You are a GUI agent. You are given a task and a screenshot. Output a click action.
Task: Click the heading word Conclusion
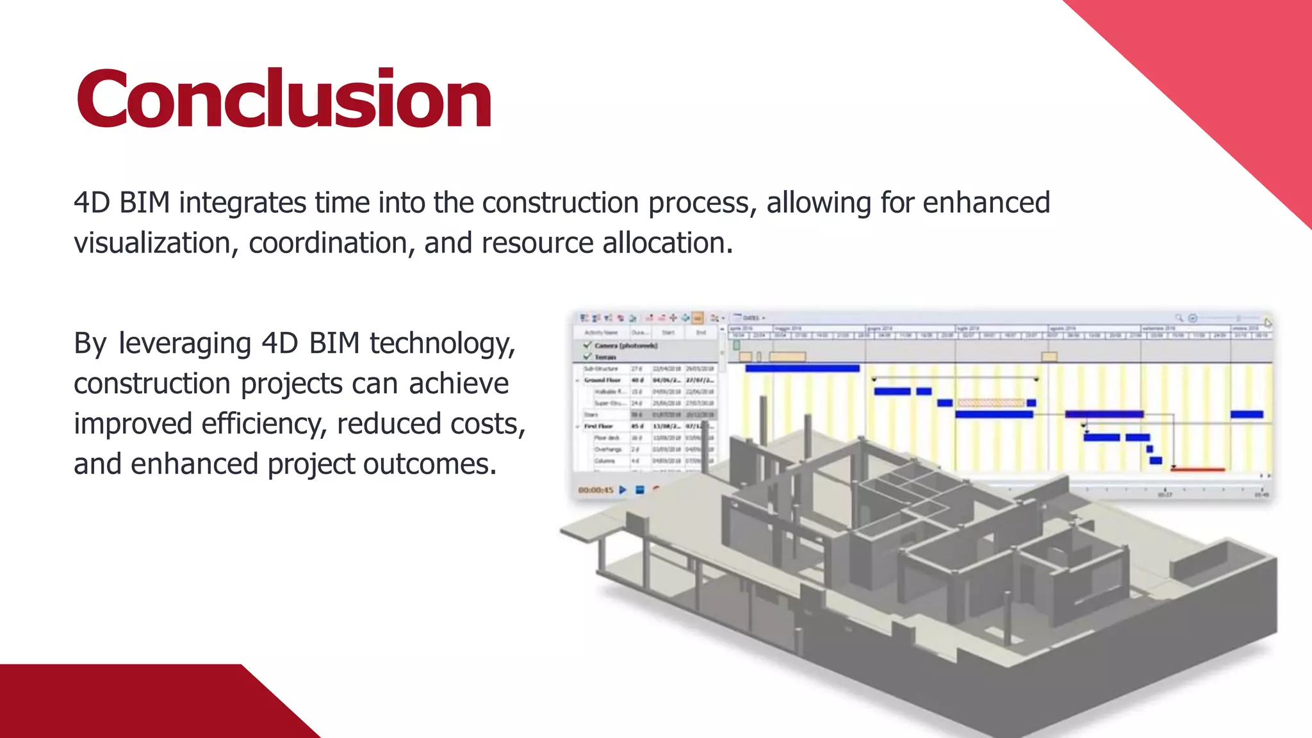click(x=284, y=99)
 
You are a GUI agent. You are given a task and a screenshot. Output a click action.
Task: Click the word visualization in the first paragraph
click(x=152, y=243)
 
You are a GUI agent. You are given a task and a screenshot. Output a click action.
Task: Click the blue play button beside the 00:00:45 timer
click(x=623, y=490)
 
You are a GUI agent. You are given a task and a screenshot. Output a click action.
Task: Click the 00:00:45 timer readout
click(x=595, y=490)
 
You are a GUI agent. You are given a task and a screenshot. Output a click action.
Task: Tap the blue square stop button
click(x=639, y=490)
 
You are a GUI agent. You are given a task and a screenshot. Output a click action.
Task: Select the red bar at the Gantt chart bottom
click(x=1197, y=470)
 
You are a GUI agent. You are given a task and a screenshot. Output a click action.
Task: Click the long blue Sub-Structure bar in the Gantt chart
click(x=802, y=368)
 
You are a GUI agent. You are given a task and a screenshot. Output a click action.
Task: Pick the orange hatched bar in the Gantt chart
click(x=990, y=403)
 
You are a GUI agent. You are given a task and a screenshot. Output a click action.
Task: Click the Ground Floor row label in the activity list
click(x=602, y=380)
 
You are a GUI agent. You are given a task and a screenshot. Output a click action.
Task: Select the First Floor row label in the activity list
click(x=598, y=426)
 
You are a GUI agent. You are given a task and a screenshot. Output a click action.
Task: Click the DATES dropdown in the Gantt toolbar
click(x=753, y=318)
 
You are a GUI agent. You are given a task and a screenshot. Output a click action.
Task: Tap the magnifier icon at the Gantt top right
click(x=1178, y=318)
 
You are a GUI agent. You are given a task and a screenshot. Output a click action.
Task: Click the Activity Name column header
click(x=600, y=332)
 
